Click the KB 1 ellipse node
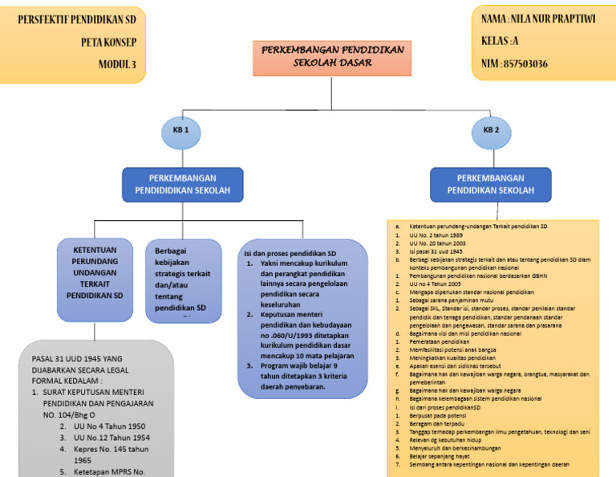coord(180,131)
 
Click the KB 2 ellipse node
coord(492,131)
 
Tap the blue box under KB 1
coord(184,184)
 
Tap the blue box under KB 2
coord(491,184)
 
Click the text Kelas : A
coord(500,40)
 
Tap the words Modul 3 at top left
coord(117,64)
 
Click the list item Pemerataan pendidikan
coord(438,341)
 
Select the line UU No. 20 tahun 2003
coord(437,243)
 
